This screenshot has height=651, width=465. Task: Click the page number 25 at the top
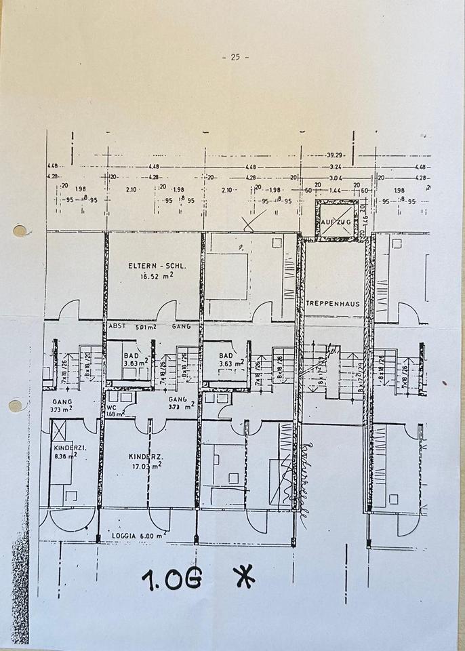[x=235, y=57]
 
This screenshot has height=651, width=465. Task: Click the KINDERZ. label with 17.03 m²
[x=144, y=457]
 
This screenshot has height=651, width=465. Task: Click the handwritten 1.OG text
[x=171, y=578]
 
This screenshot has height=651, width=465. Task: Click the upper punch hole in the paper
[x=20, y=231]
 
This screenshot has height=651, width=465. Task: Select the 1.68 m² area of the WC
[x=115, y=414]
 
